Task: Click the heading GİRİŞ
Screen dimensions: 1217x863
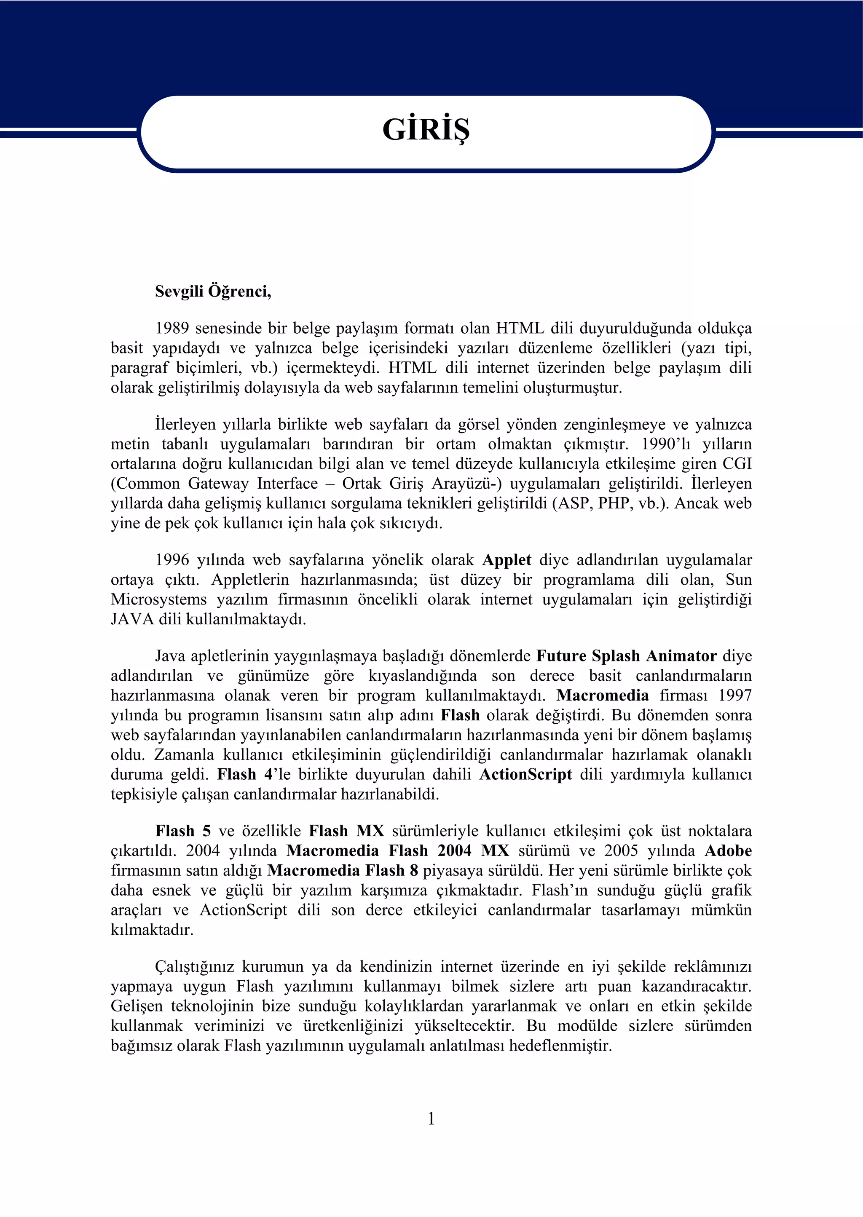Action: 426,130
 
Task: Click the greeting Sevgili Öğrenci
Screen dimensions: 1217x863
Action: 213,292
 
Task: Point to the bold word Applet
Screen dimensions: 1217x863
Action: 507,560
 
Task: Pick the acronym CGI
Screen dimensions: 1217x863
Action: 737,464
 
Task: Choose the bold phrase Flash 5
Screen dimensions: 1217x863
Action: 183,831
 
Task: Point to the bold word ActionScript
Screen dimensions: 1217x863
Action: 525,775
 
